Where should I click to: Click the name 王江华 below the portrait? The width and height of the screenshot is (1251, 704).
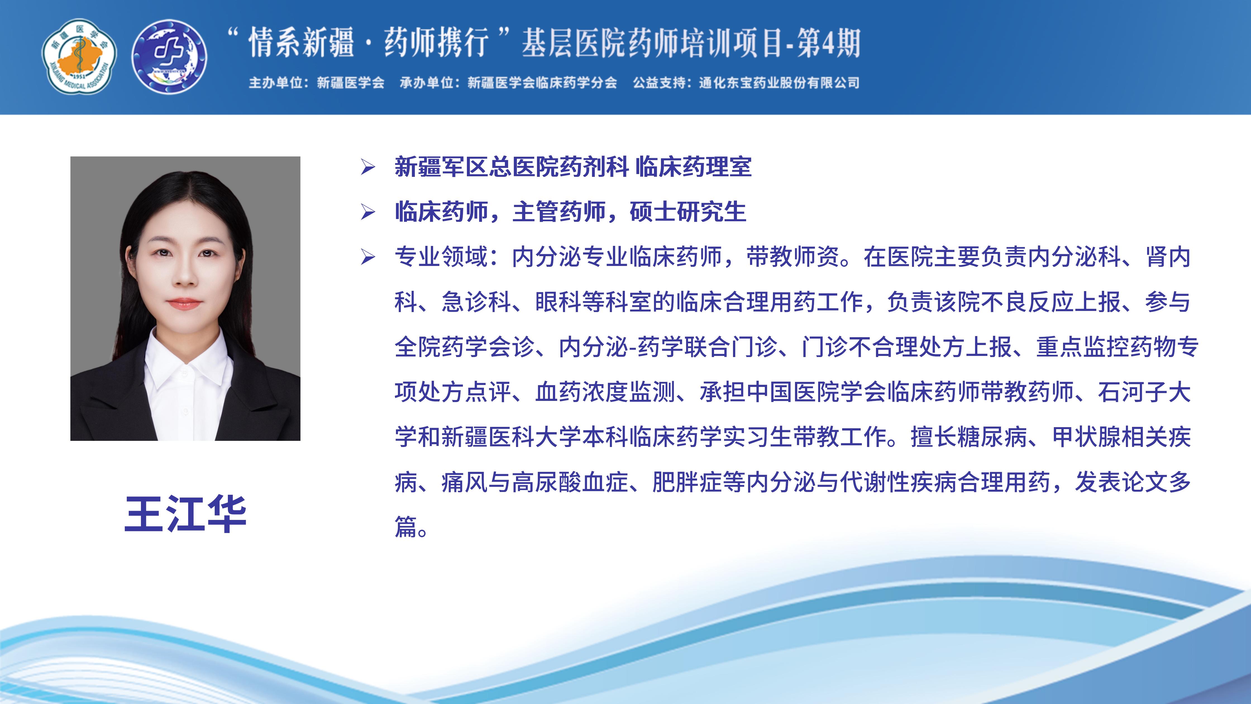[x=185, y=514]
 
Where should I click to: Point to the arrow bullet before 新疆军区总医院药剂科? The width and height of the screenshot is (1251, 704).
[x=368, y=168]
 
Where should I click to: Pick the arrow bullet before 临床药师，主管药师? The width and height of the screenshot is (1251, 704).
[x=368, y=212]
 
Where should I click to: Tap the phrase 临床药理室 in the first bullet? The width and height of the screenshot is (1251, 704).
[x=693, y=167]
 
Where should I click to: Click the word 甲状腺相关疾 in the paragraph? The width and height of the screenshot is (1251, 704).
[x=1121, y=437]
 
